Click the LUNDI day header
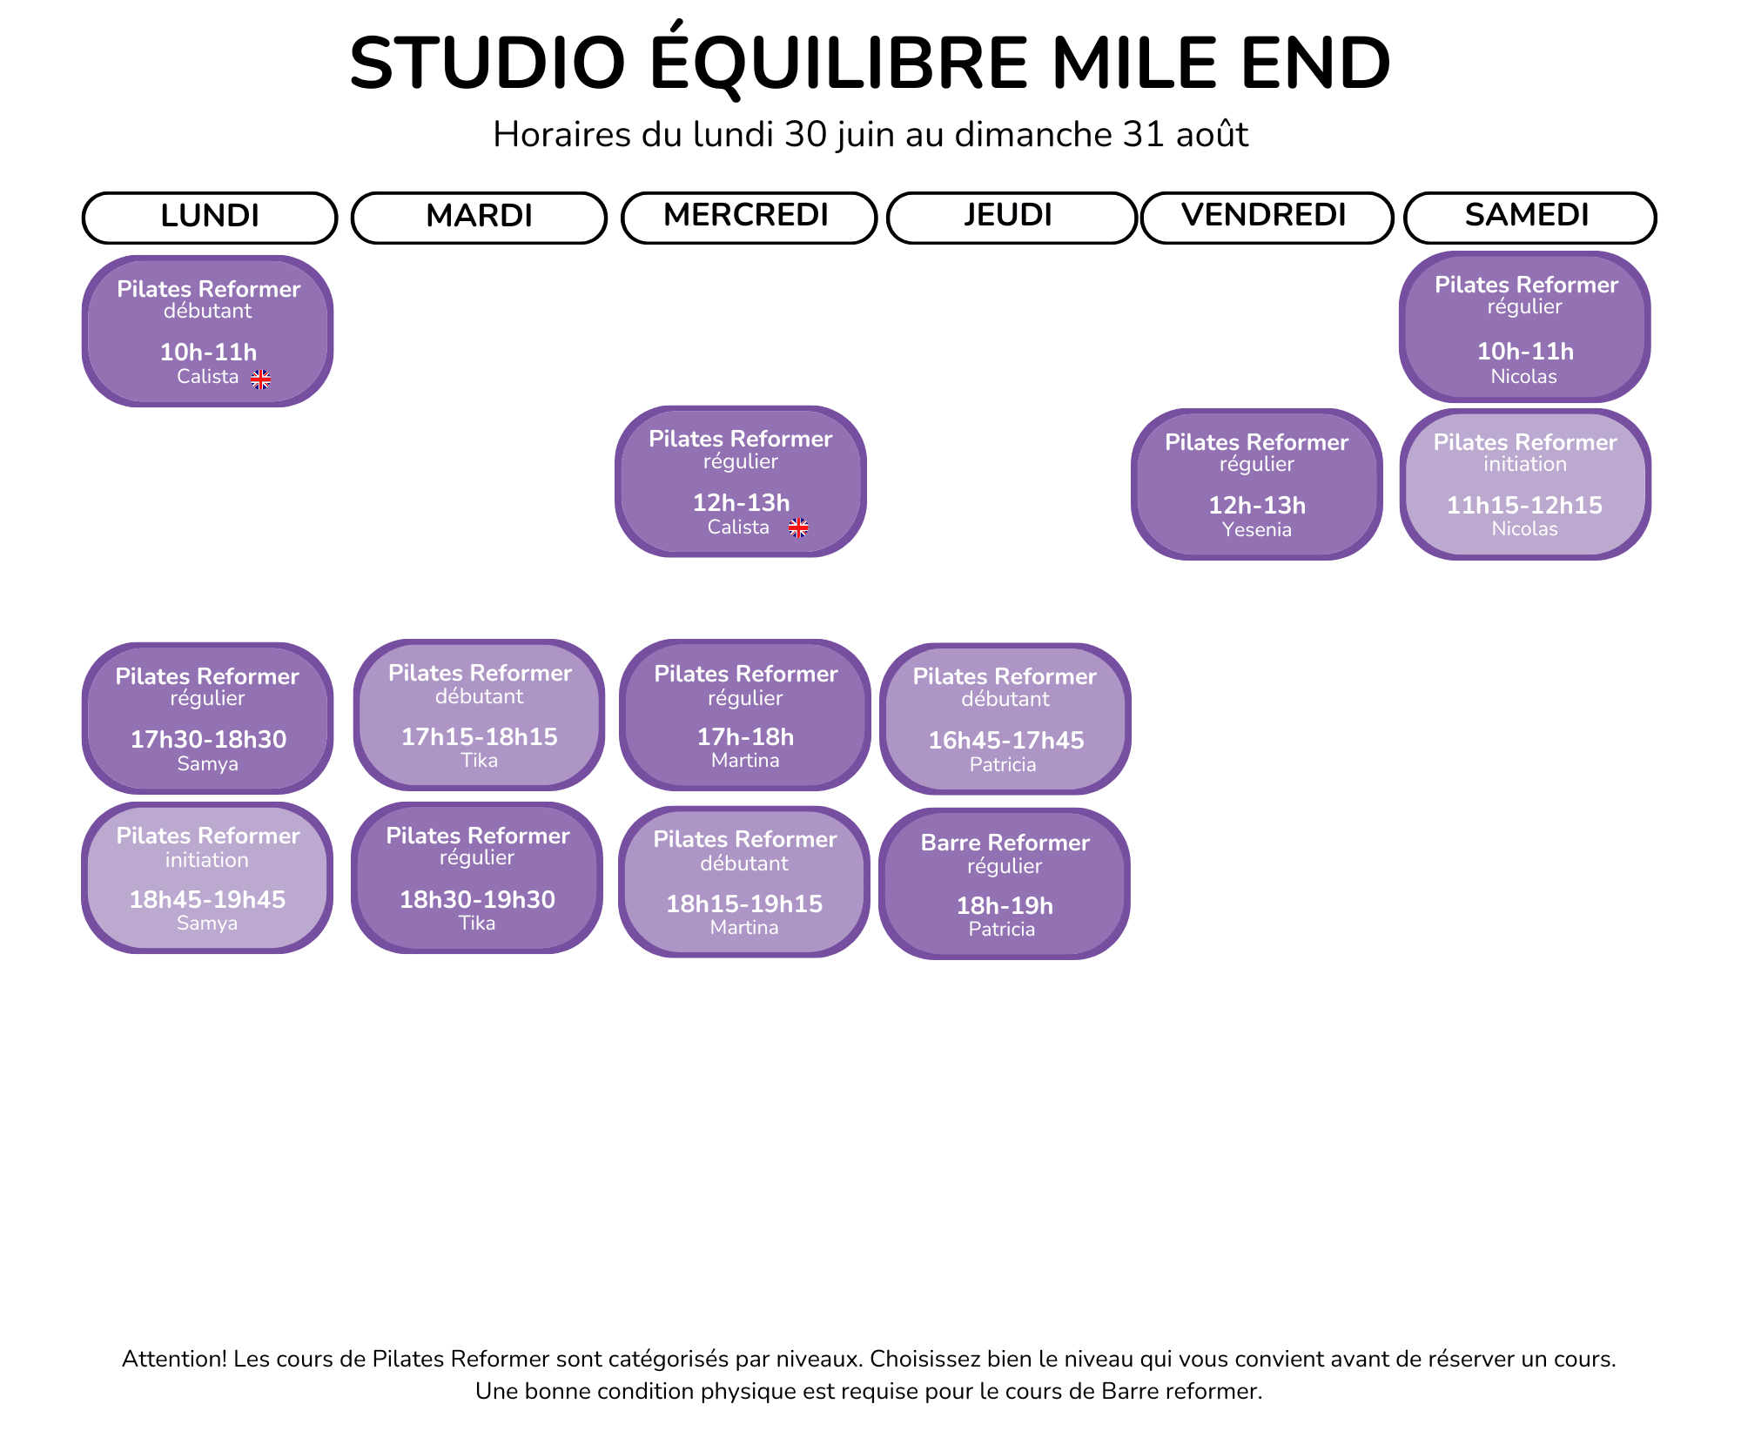(210, 217)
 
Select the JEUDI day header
(1011, 217)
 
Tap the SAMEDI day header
(1529, 217)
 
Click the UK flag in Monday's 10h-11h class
(261, 379)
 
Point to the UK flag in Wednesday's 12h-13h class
(798, 527)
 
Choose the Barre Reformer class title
(1005, 843)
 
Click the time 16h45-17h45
(1006, 740)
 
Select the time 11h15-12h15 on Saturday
(1525, 505)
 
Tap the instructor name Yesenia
(1257, 529)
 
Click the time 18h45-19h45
(207, 899)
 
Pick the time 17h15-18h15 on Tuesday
(480, 736)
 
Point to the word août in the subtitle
(1213, 135)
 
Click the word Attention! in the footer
(175, 1359)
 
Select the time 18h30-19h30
(478, 899)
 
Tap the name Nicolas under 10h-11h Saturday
(1524, 376)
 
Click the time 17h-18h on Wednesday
(746, 736)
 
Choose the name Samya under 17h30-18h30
(208, 763)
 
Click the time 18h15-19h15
(745, 904)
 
